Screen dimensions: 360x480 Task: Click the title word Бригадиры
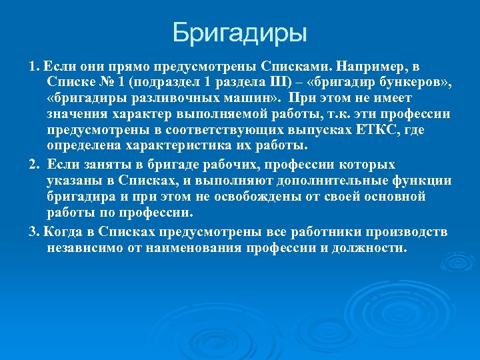(x=240, y=31)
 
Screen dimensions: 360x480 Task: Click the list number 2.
(x=33, y=165)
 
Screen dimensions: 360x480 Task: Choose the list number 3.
(x=33, y=231)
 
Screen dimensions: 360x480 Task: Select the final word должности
(x=368, y=248)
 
